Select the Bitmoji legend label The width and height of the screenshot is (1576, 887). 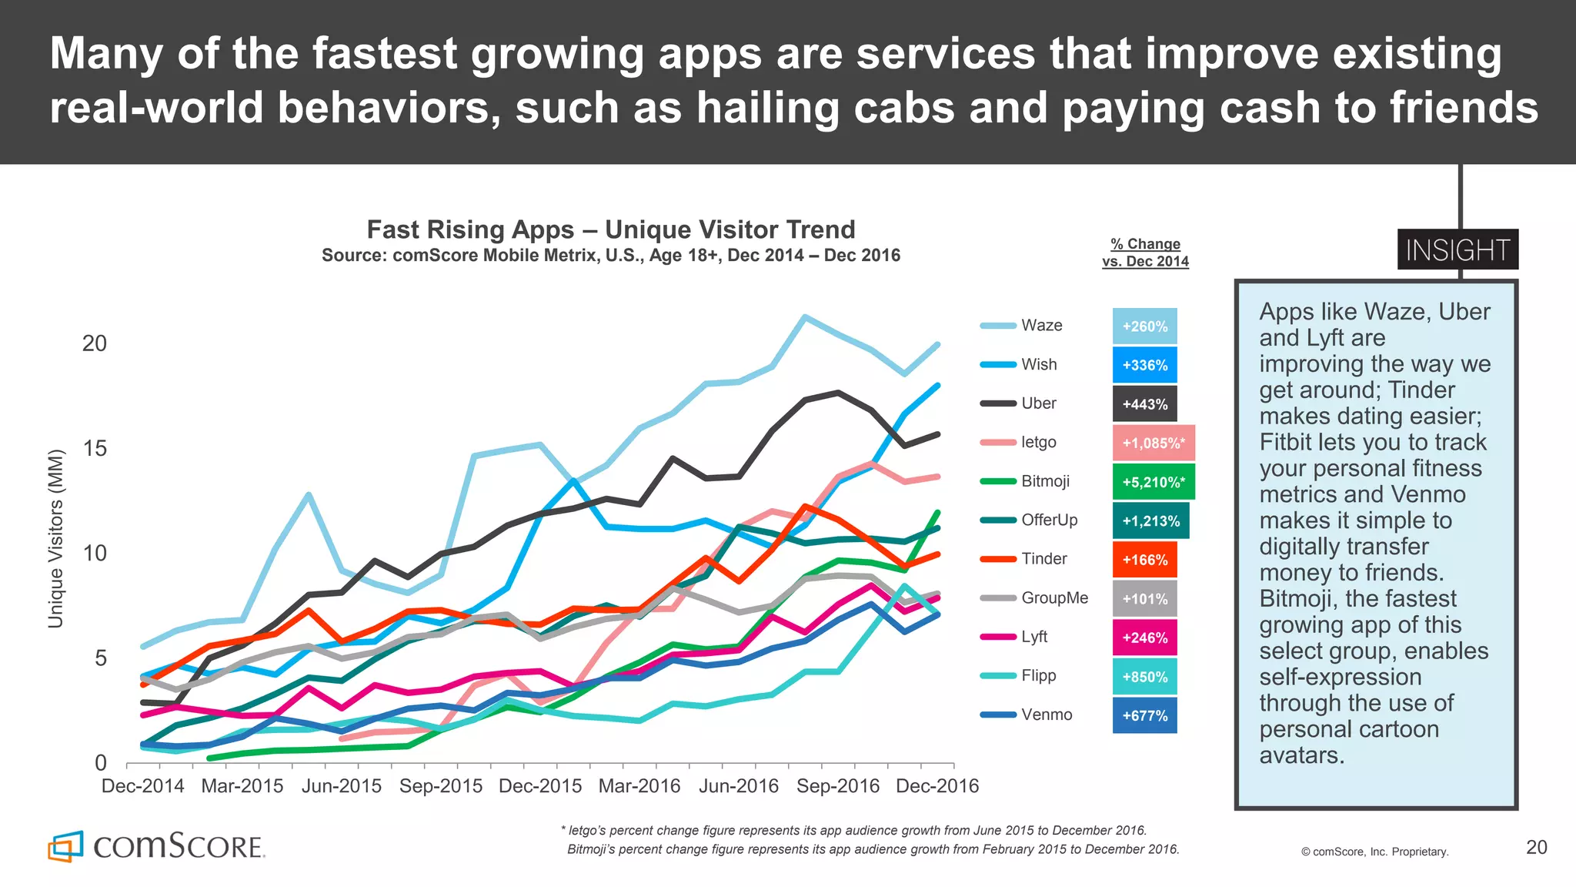[1045, 481]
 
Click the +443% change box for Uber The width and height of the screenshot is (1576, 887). [1144, 404]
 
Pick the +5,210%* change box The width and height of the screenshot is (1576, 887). [1153, 482]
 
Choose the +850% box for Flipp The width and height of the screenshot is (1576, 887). [1144, 677]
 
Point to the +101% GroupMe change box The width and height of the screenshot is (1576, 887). [1144, 599]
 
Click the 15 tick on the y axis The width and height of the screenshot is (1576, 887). [95, 448]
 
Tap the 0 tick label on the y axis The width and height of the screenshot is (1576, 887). [100, 763]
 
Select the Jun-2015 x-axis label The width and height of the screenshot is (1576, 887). [341, 786]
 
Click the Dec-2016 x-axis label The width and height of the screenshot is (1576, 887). [937, 786]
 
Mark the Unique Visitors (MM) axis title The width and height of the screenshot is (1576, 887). [55, 539]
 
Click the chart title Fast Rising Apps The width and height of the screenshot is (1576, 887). [610, 229]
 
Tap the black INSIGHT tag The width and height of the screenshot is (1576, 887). [1457, 250]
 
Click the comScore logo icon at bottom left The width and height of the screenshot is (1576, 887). [65, 846]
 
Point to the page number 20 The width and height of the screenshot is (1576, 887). [1536, 848]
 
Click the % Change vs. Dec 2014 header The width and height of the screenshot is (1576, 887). [1145, 253]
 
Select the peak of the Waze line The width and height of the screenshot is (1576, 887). [804, 316]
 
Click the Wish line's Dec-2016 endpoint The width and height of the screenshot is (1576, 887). [937, 386]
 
